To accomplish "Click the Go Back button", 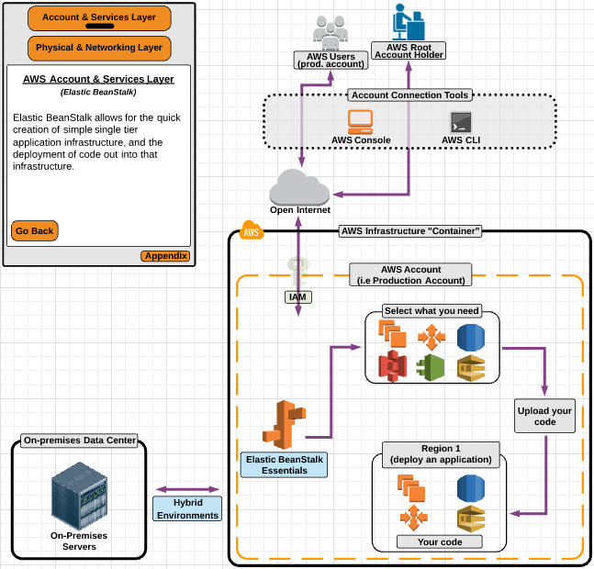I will tap(35, 230).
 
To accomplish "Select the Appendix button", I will tap(165, 256).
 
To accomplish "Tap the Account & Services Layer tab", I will tap(99, 18).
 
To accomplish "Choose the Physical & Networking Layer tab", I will tap(99, 48).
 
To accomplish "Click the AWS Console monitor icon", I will tap(360, 121).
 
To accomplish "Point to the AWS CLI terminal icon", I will tap(460, 122).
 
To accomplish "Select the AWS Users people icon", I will tap(330, 31).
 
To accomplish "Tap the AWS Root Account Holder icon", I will tap(408, 22).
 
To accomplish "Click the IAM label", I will tap(298, 297).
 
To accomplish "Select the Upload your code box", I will tap(544, 417).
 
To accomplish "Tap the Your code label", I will tap(441, 541).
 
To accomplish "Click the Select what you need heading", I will tap(432, 311).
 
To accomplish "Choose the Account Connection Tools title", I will tap(410, 95).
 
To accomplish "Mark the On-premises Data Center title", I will tap(79, 441).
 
